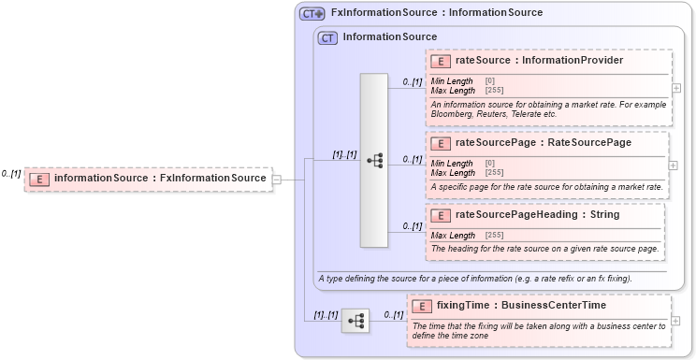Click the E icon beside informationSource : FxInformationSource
click(39, 179)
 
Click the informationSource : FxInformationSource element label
click(160, 179)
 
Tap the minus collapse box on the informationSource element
click(277, 179)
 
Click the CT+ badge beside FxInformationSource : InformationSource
click(312, 14)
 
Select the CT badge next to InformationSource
click(327, 38)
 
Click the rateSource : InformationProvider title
click(539, 61)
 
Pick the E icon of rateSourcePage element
click(441, 143)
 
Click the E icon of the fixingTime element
click(422, 306)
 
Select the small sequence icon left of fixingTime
click(355, 321)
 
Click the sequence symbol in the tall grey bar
click(374, 161)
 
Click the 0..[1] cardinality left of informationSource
click(11, 174)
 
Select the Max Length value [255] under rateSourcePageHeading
click(495, 235)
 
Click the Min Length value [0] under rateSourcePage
click(490, 164)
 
